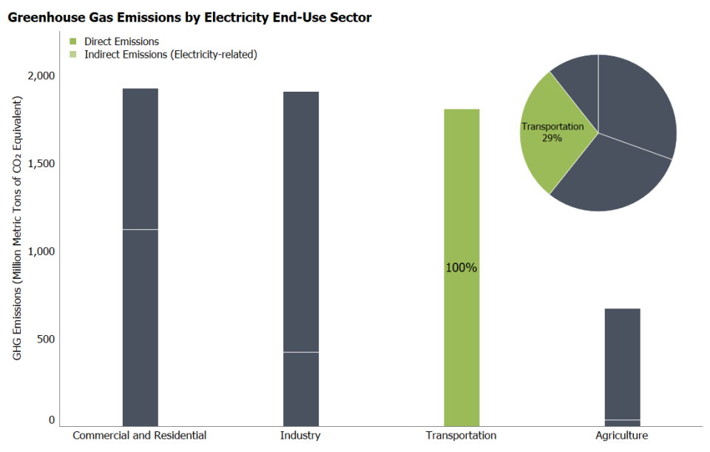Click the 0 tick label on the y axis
click(52, 419)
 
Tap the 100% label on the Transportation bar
click(461, 268)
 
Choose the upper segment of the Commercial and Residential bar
click(140, 159)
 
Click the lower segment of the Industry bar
click(301, 388)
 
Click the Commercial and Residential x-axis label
click(140, 436)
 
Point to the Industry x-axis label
click(300, 436)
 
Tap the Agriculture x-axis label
click(621, 436)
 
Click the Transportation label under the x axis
click(461, 436)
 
